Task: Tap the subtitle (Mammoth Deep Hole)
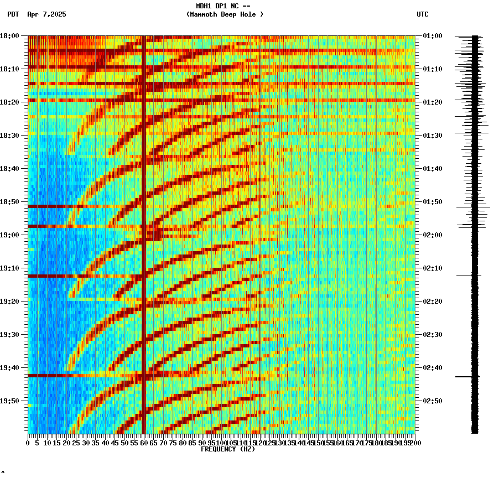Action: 225,14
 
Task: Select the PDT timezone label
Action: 13,14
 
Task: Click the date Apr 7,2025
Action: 46,14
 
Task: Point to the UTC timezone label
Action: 422,14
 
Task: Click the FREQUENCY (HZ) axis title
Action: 227,449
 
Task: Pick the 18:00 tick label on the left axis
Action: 9,36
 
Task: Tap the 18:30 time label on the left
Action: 9,136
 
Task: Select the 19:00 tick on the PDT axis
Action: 9,235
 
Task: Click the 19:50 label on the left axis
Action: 9,401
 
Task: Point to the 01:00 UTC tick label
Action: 432,36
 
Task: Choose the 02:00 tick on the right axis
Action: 432,235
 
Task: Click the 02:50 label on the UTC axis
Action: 432,401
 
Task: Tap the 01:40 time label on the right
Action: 432,169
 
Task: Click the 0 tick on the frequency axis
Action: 28,443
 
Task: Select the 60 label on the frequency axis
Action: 144,443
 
